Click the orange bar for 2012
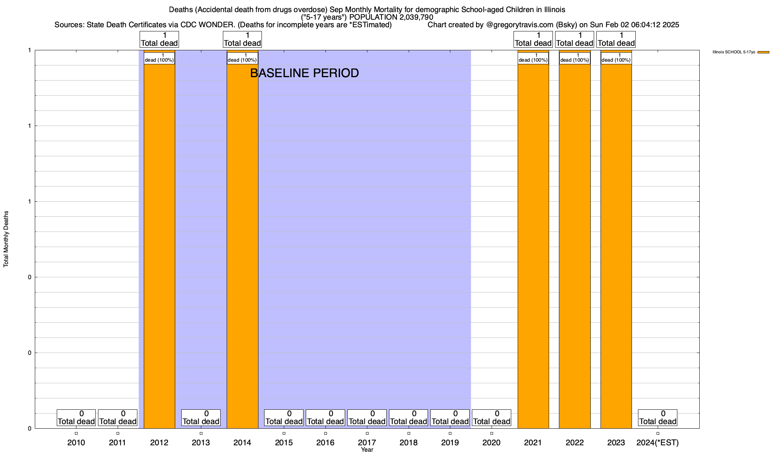(x=159, y=246)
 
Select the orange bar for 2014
(x=242, y=246)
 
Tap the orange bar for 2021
(x=533, y=246)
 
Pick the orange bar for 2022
(x=574, y=246)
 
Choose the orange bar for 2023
(x=616, y=246)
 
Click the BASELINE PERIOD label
(x=305, y=73)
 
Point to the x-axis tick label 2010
(x=76, y=442)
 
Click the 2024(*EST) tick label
(x=658, y=442)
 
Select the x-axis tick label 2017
(x=367, y=442)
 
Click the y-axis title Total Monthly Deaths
(x=6, y=239)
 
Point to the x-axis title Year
(x=367, y=450)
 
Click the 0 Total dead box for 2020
(x=492, y=418)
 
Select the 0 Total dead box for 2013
(x=201, y=418)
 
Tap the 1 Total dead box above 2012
(x=159, y=39)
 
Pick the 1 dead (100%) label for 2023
(x=616, y=58)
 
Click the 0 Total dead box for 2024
(x=658, y=418)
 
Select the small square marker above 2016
(x=325, y=434)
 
